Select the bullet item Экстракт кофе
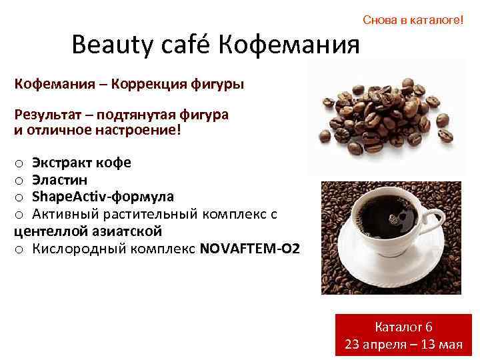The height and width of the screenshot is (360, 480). tap(81, 163)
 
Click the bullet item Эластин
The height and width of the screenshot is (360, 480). tap(59, 180)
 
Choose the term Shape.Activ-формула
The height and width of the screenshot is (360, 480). tap(103, 197)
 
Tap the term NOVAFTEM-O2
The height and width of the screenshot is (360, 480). tap(249, 249)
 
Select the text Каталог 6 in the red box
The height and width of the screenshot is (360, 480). tap(404, 327)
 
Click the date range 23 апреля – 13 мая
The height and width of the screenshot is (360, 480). tap(404, 344)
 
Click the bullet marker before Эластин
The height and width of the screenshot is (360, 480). tap(19, 181)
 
